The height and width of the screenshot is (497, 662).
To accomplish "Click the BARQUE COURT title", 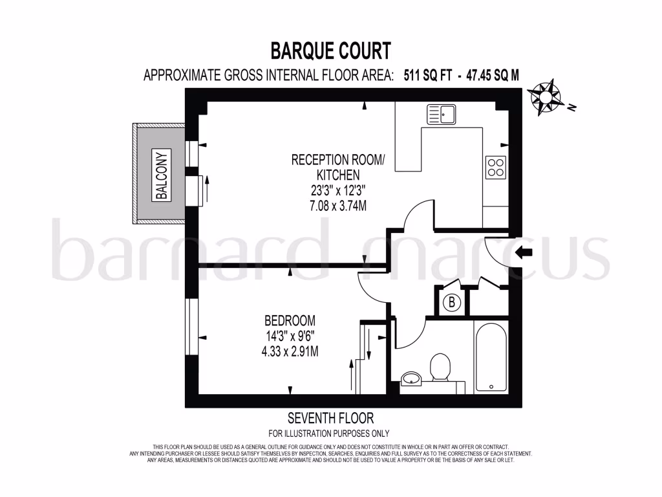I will [x=330, y=50].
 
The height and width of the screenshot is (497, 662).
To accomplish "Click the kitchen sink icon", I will [x=441, y=115].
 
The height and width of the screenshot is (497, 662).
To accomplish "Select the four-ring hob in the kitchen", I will [x=496, y=168].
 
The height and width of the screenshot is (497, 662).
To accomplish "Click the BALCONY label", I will [x=162, y=175].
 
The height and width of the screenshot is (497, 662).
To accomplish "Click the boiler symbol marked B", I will [x=452, y=302].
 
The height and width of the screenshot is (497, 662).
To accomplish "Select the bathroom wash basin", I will [x=411, y=378].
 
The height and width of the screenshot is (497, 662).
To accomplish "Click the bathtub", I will [x=491, y=356].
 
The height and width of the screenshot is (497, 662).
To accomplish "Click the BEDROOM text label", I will [x=290, y=320].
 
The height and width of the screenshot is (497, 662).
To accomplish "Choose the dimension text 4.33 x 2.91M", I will [x=290, y=351].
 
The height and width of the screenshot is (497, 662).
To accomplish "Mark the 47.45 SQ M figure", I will [x=490, y=75].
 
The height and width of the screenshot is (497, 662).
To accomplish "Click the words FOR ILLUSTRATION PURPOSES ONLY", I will [x=329, y=434].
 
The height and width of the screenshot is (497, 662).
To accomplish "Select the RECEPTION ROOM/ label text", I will [x=337, y=160].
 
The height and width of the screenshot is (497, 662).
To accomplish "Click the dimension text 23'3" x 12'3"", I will [x=337, y=191].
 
